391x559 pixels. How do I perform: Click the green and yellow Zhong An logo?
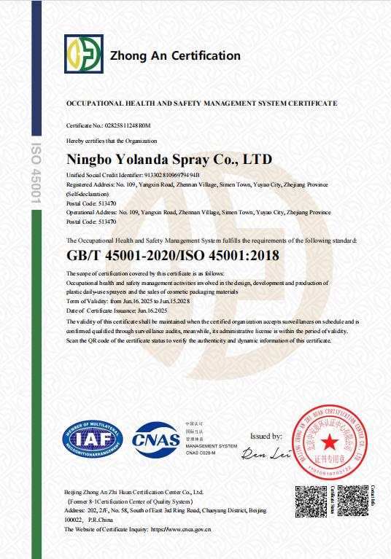(82, 55)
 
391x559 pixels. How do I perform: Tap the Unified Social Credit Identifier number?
(163, 176)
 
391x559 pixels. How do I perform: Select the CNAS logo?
(155, 439)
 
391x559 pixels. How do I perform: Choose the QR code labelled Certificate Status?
(312, 502)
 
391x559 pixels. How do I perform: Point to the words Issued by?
(266, 436)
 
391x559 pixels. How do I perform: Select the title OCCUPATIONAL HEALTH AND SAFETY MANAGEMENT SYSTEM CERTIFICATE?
(201, 103)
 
